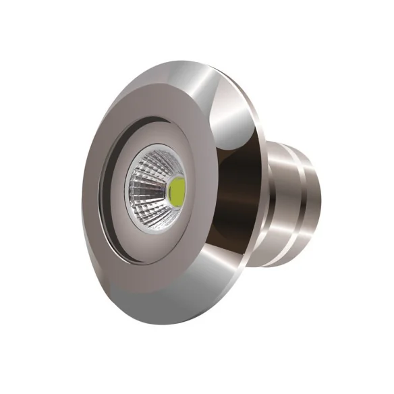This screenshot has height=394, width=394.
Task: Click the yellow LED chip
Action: [x=177, y=192]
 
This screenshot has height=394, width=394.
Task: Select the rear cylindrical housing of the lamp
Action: [x=290, y=196]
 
